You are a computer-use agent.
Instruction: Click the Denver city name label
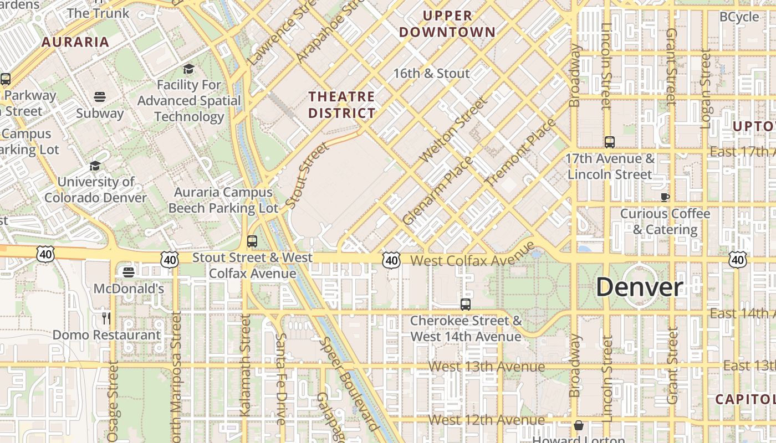(x=639, y=287)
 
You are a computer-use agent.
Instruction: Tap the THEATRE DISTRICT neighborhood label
(x=341, y=105)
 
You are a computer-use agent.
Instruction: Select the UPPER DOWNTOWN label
(x=447, y=24)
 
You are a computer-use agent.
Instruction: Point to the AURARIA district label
(x=75, y=42)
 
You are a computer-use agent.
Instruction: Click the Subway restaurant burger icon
(x=100, y=97)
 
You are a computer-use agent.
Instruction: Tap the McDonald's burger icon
(x=129, y=272)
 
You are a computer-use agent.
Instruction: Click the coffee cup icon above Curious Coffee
(x=665, y=197)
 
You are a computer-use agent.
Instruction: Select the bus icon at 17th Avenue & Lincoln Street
(x=610, y=142)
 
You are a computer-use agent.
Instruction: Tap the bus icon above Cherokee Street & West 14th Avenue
(x=466, y=304)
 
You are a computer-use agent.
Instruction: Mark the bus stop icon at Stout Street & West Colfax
(x=252, y=241)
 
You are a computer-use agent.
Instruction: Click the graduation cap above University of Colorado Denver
(x=95, y=166)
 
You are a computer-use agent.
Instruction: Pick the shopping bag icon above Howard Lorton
(x=579, y=425)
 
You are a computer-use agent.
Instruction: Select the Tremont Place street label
(x=519, y=152)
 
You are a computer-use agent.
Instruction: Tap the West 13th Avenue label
(x=487, y=367)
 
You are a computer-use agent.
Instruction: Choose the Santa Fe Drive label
(x=281, y=379)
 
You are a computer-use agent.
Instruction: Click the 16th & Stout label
(x=431, y=73)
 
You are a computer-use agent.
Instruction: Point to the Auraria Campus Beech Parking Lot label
(x=223, y=200)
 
